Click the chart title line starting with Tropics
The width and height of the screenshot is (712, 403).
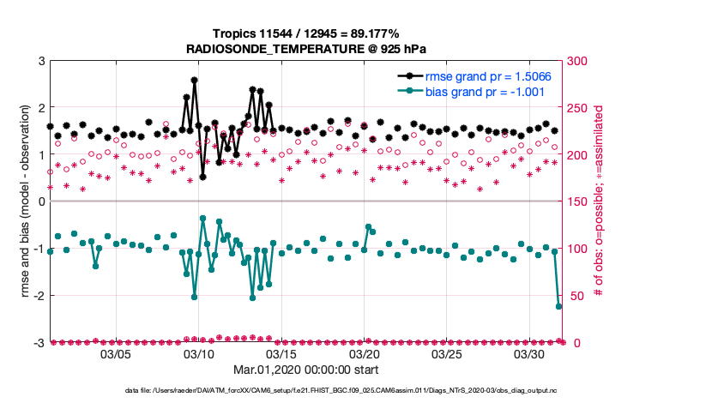click(311, 34)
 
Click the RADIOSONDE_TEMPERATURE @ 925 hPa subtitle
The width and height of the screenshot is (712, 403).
click(311, 50)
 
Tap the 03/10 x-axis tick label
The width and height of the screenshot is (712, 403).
click(199, 354)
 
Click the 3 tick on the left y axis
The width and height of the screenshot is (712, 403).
click(40, 61)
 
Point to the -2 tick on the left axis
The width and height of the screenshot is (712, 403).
click(39, 296)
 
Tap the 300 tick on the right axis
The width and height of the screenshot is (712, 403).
click(578, 61)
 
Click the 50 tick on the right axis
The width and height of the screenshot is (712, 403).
click(575, 296)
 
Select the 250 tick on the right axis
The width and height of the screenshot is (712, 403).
click(578, 108)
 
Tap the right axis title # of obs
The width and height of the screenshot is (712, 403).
click(600, 201)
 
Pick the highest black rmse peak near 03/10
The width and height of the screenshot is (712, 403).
click(195, 80)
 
